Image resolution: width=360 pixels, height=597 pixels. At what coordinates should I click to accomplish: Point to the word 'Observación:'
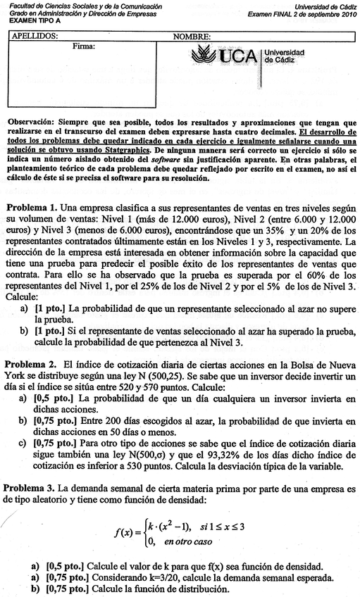pos(32,121)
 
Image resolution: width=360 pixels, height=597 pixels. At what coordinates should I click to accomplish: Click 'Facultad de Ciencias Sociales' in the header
pos(53,6)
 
